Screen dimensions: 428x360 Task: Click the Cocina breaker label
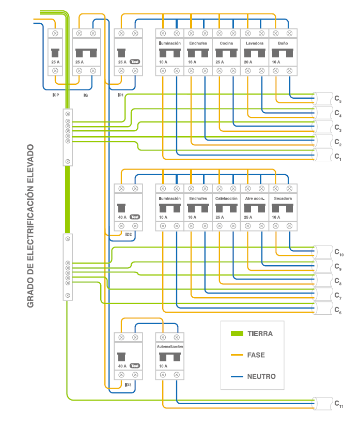226,43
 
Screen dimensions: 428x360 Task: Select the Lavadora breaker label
255,43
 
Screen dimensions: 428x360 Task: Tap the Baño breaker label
283,43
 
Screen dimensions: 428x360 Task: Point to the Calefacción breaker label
226,198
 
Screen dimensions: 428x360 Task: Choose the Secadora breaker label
283,198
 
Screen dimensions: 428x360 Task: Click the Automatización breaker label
170,346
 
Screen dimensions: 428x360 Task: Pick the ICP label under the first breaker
55,95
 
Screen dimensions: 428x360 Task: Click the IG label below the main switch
85,95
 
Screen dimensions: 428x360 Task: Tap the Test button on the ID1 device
135,62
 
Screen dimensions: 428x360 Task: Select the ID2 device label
128,235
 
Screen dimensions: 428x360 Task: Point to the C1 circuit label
337,156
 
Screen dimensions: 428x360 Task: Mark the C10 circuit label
338,253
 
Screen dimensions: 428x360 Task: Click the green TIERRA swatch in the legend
237,333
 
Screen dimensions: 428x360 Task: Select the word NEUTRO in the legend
261,376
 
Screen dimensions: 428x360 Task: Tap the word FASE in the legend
257,355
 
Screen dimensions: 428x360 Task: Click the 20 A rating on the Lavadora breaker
248,62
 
